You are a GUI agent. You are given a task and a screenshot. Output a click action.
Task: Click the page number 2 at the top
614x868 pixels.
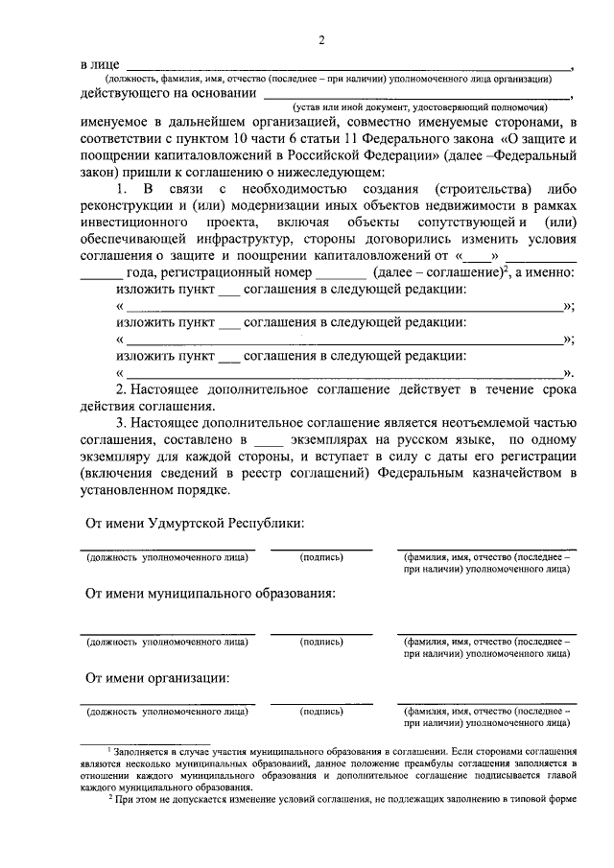click(322, 39)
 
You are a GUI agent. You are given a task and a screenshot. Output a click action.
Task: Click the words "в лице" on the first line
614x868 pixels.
click(97, 63)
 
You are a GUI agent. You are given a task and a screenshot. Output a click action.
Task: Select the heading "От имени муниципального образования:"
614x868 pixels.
click(210, 594)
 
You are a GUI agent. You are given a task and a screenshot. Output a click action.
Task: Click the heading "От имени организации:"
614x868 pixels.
click(156, 678)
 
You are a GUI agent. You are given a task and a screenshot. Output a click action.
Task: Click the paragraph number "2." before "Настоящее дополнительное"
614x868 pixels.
click(122, 390)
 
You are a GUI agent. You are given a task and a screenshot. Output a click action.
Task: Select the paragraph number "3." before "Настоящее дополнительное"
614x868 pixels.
click(122, 423)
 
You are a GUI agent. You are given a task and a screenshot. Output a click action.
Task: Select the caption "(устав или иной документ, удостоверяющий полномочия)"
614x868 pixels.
click(421, 108)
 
